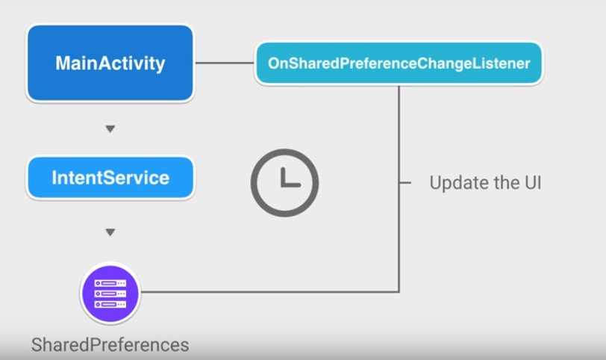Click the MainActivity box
pos(110,63)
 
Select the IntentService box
pos(110,178)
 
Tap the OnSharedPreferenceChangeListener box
pos(399,63)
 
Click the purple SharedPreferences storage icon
pos(110,294)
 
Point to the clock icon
pos(284,183)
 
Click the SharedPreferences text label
pos(110,345)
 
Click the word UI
pos(531,182)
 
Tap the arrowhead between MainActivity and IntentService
pos(110,129)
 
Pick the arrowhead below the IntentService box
pos(110,232)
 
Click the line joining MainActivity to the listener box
pos(225,63)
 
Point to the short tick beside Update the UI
pos(405,182)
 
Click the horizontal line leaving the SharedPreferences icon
pos(269,291)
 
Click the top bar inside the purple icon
pos(110,284)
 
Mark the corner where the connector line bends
pos(399,291)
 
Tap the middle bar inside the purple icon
pos(110,294)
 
